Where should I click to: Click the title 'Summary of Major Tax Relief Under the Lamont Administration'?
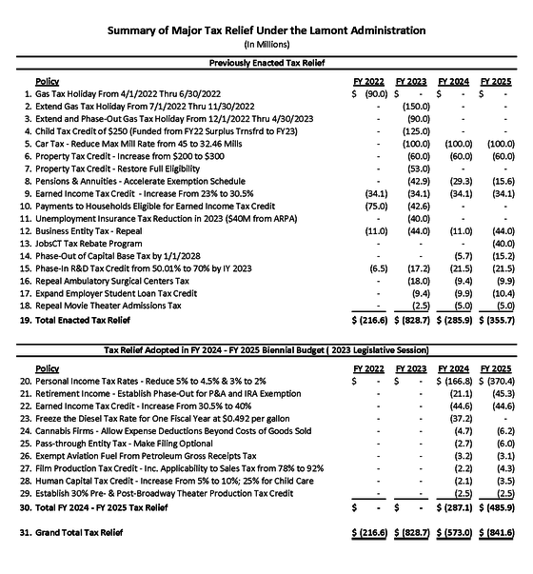[266, 30]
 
